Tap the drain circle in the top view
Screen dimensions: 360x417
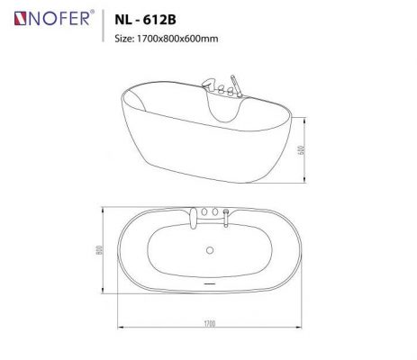(x=210, y=250)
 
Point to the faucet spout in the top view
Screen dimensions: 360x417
(x=192, y=214)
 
